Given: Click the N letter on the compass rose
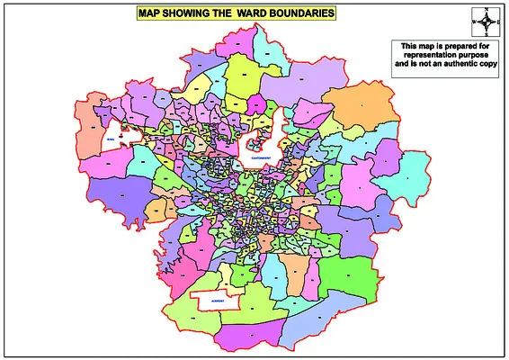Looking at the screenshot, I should (x=486, y=8).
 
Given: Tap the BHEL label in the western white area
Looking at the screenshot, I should (x=111, y=140).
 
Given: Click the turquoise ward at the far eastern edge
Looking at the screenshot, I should (x=413, y=171).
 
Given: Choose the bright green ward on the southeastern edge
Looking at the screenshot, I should (x=350, y=274).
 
